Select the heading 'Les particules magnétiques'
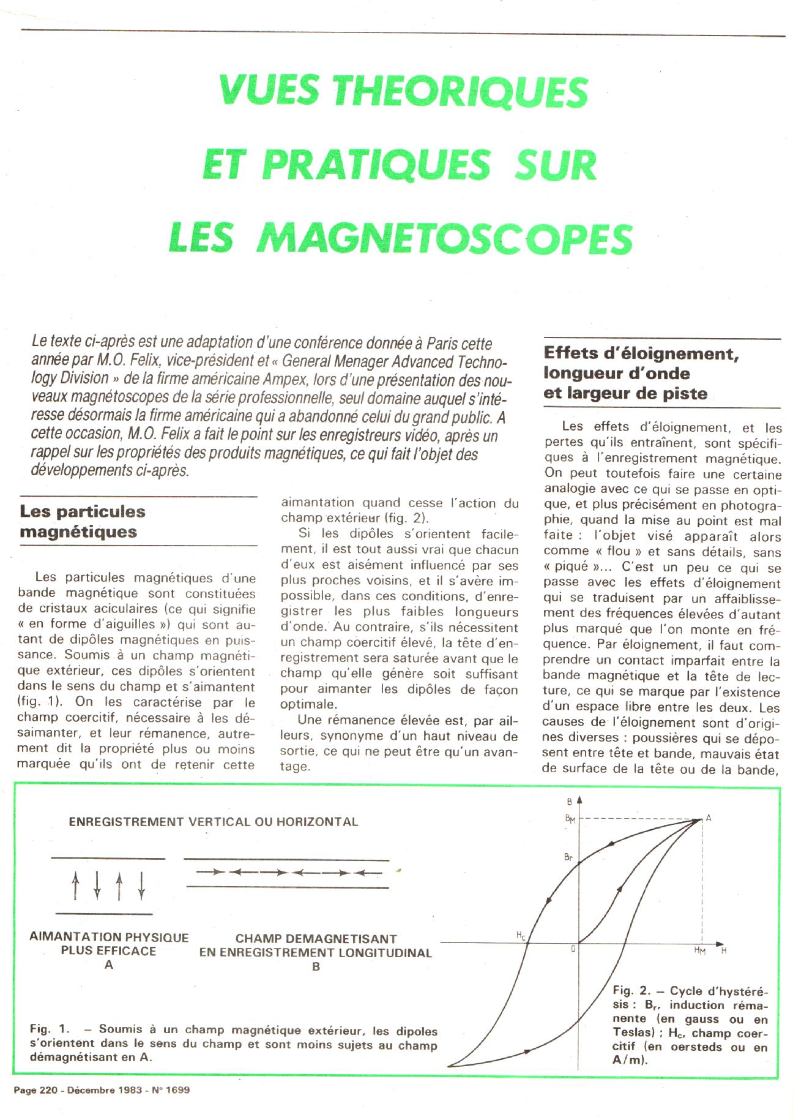click(x=83, y=521)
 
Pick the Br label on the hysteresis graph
click(x=568, y=858)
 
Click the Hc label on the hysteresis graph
click(x=520, y=935)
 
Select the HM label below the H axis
click(x=700, y=950)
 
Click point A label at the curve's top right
click(x=709, y=818)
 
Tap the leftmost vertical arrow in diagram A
click(x=75, y=886)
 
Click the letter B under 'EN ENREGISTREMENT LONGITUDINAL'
click(x=316, y=967)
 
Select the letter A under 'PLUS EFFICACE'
click(x=109, y=965)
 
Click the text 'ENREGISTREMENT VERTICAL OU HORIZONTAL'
click(x=214, y=822)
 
